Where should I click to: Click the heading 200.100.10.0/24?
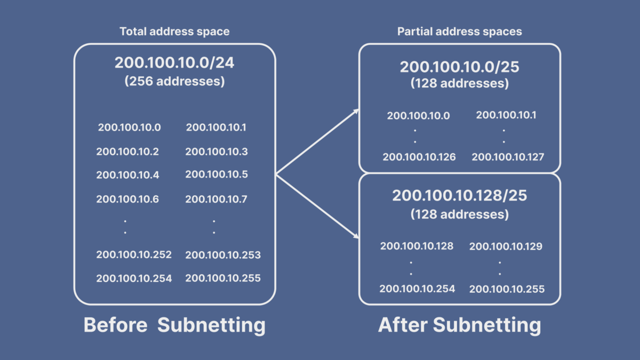tap(174, 63)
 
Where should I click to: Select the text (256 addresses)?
tap(174, 82)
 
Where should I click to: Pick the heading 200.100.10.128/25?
tap(459, 195)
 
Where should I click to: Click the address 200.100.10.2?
tap(127, 151)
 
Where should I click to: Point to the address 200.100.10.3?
tap(217, 151)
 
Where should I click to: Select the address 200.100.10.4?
tap(127, 174)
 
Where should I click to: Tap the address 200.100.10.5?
tap(217, 174)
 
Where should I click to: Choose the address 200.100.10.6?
tap(127, 199)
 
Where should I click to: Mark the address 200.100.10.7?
tap(217, 199)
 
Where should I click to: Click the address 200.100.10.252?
tap(134, 254)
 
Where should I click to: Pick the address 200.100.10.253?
tap(223, 255)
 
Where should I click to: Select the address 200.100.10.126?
tap(419, 157)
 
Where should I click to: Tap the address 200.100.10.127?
tap(508, 157)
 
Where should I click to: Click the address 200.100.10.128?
tap(417, 246)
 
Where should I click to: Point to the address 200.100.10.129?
tap(506, 246)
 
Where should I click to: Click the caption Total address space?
tap(174, 31)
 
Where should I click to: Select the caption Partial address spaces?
tap(459, 31)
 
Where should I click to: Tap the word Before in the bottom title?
tap(115, 325)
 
